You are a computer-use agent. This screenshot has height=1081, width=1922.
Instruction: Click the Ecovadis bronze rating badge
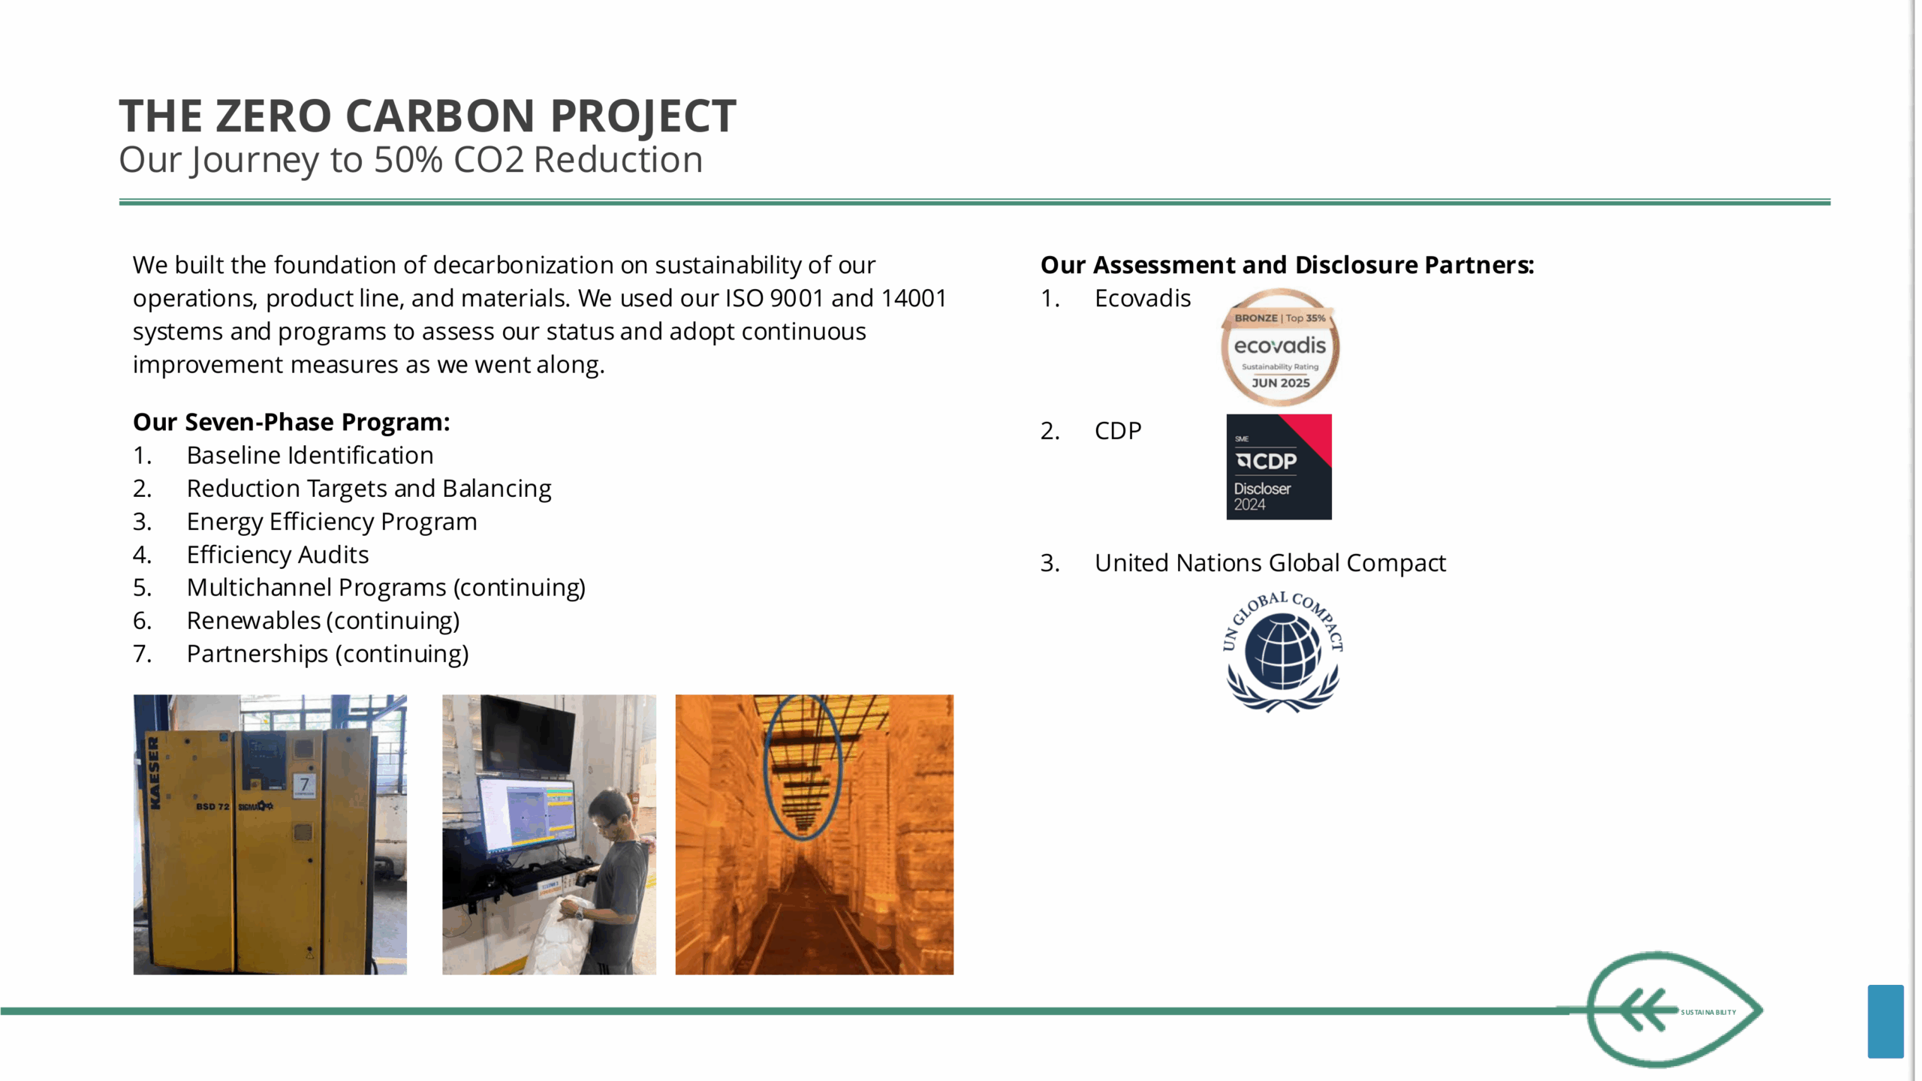point(1280,348)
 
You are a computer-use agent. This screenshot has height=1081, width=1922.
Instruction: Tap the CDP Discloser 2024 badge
point(1279,467)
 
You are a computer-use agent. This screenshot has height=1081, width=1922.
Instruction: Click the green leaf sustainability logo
point(1674,1010)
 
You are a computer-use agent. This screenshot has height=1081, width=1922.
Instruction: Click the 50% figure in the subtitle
point(408,160)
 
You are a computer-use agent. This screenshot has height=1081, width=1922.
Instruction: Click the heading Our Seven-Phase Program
point(291,422)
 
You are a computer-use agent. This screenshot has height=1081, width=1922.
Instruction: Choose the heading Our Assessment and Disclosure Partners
point(1288,265)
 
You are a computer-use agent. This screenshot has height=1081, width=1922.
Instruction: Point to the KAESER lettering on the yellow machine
point(155,772)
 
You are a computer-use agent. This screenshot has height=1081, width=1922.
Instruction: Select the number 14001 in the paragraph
point(914,299)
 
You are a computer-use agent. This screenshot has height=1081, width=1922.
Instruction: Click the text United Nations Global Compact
point(1270,563)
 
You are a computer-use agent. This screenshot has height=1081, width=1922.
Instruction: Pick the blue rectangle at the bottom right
point(1885,1021)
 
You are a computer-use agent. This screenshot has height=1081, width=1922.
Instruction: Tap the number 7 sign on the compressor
point(304,785)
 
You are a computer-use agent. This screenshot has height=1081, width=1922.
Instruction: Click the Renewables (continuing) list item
point(324,621)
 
